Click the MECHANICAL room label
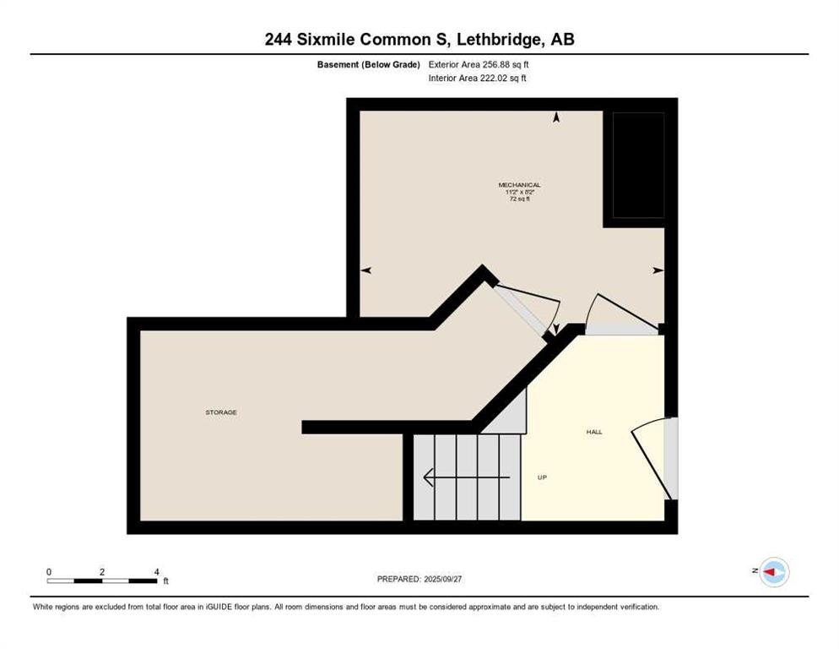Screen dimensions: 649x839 [x=519, y=185]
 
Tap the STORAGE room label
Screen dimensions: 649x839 [x=221, y=412]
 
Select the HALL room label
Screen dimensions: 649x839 [x=594, y=432]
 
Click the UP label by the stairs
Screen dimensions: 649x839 [x=543, y=477]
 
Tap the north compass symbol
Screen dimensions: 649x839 [x=773, y=573]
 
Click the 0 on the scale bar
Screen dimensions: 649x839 [x=49, y=572]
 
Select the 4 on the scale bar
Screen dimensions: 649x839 [x=157, y=572]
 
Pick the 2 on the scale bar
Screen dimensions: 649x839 [x=102, y=572]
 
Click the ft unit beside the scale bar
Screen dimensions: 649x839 [x=166, y=581]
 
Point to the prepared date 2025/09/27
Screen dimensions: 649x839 [x=444, y=579]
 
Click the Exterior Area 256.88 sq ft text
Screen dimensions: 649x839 [x=479, y=64]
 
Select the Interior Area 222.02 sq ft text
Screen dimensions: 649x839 [x=478, y=79]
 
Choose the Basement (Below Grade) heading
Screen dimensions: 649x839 [x=368, y=64]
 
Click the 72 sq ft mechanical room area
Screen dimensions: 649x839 [x=519, y=199]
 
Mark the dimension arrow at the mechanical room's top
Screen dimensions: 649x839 [x=555, y=118]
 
